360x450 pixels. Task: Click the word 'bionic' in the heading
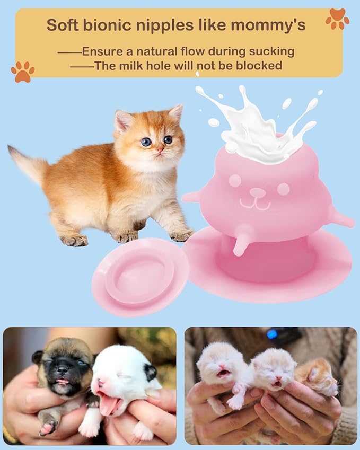click(110, 25)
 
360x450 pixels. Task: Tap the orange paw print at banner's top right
click(337, 19)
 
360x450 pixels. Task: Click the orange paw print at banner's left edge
click(23, 72)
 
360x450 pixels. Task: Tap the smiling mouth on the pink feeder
click(254, 202)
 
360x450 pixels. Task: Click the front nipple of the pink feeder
click(241, 245)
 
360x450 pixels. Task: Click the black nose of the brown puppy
click(63, 367)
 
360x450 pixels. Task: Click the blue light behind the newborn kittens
click(273, 334)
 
